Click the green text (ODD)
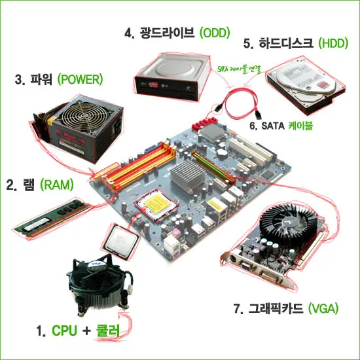tap(215, 33)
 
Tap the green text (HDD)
tap(333, 43)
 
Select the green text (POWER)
tap(80, 79)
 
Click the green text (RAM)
tap(57, 185)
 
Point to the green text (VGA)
tap(323, 308)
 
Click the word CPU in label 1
tap(65, 331)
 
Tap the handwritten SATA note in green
tap(240, 69)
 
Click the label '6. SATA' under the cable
tap(267, 126)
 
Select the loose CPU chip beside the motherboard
tap(120, 241)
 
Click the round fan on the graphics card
tap(289, 223)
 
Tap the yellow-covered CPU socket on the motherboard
tap(156, 205)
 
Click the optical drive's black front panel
tap(166, 88)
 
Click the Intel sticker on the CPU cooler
tap(98, 264)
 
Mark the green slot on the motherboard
tap(213, 167)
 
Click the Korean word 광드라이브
tap(167, 33)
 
